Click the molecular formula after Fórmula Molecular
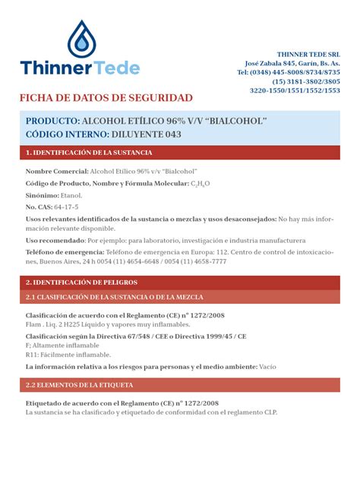[x=202, y=184]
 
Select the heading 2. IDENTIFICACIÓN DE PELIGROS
[x=87, y=282]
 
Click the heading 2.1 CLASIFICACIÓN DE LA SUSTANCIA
[x=114, y=297]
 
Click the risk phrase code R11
[x=33, y=355]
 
